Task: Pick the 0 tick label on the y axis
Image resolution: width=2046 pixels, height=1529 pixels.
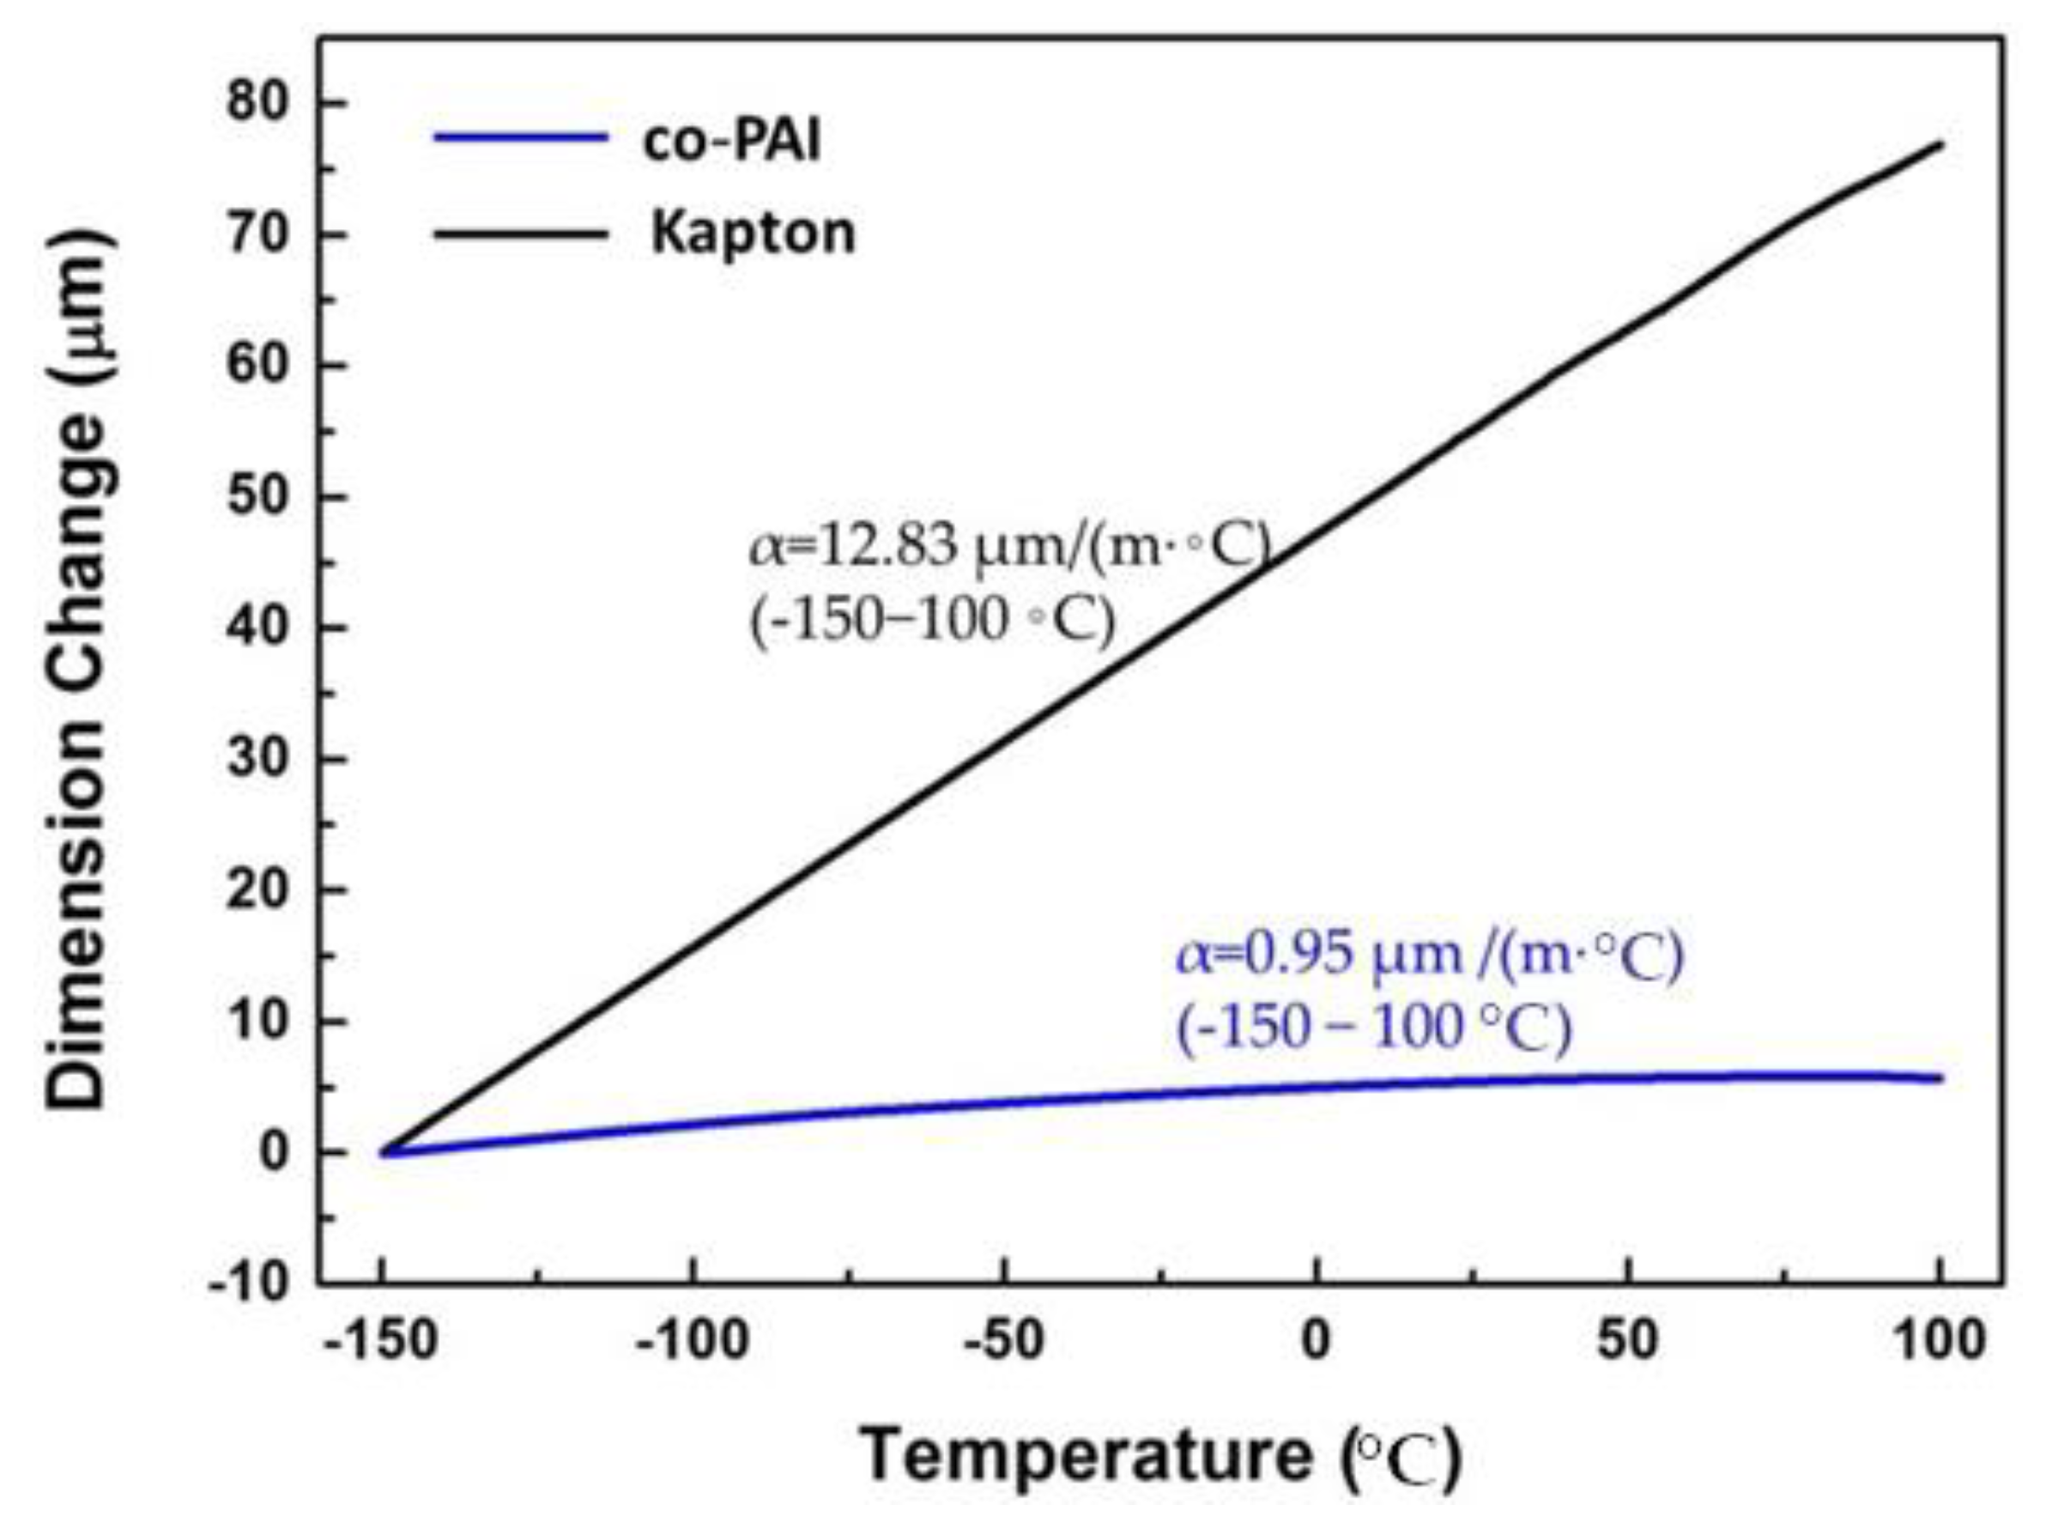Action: tap(275, 1154)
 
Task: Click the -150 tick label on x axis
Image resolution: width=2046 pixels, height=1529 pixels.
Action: tap(380, 1339)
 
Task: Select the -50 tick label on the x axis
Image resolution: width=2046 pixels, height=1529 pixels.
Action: tap(1003, 1339)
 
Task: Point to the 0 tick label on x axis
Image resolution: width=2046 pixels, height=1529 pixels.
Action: tap(1316, 1339)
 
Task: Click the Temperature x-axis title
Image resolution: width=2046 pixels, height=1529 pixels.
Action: tap(1161, 1455)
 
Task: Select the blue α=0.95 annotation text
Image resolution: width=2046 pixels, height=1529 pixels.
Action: tap(1429, 956)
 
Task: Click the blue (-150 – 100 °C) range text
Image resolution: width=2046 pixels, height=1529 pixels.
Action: tap(1372, 1028)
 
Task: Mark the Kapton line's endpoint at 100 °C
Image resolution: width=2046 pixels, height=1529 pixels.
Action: tap(1940, 144)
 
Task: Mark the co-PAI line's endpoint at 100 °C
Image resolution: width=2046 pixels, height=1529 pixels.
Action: tap(1940, 1078)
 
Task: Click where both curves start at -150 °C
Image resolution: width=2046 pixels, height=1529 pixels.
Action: tap(382, 1152)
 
